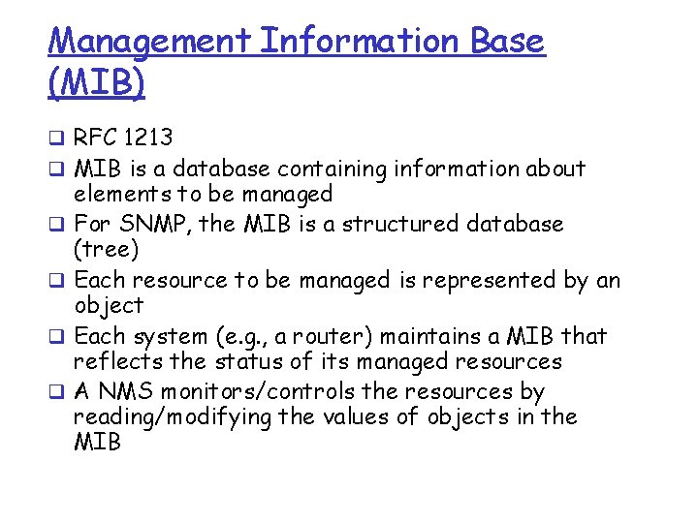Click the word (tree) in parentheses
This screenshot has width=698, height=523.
[107, 250]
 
